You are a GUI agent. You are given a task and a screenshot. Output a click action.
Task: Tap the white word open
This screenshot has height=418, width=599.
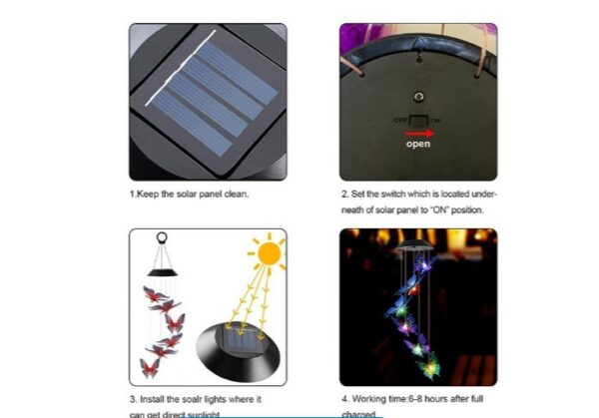tap(418, 144)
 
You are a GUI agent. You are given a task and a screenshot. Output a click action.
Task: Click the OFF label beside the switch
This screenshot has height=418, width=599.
tap(399, 119)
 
